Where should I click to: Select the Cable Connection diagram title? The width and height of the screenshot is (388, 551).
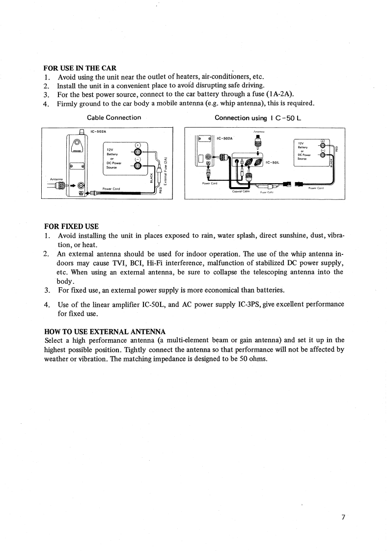114,117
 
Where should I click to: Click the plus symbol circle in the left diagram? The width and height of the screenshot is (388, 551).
138,144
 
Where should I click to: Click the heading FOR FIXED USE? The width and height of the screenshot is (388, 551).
71,226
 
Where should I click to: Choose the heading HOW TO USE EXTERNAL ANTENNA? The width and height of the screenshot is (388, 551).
105,331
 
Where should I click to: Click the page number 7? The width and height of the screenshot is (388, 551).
344,518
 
